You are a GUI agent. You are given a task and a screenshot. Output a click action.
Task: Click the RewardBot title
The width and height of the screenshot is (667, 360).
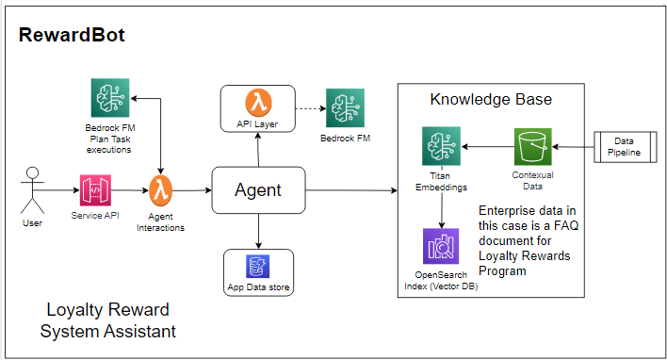pyautogui.click(x=72, y=36)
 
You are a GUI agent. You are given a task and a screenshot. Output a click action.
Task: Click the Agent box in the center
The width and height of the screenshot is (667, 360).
pyautogui.click(x=258, y=190)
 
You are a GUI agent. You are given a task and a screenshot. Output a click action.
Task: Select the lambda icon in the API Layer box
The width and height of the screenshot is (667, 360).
pyautogui.click(x=258, y=101)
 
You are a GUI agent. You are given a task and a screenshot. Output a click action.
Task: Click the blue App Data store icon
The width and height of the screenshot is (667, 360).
pyautogui.click(x=258, y=265)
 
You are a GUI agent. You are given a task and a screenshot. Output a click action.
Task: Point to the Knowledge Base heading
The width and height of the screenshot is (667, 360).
pyautogui.click(x=490, y=99)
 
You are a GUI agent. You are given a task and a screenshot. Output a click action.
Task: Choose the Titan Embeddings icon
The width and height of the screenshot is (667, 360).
pyautogui.click(x=440, y=147)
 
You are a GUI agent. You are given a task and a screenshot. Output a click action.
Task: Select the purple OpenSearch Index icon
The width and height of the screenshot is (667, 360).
pyautogui.click(x=440, y=247)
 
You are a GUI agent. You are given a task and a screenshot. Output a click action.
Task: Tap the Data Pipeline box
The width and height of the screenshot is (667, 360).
pyautogui.click(x=623, y=147)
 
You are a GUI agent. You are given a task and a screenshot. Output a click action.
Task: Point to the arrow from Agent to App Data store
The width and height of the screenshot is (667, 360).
pyautogui.click(x=258, y=230)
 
